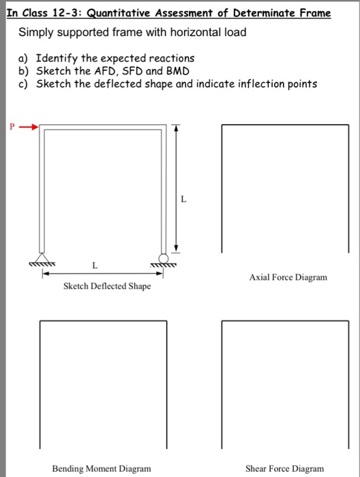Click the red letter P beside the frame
point(11,127)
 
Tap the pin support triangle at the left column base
point(42,260)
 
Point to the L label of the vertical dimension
point(183,199)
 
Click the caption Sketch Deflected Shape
point(107,287)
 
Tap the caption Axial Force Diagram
point(288,277)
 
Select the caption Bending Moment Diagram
point(94,468)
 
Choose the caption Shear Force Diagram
point(285,468)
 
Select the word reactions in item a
point(170,59)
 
